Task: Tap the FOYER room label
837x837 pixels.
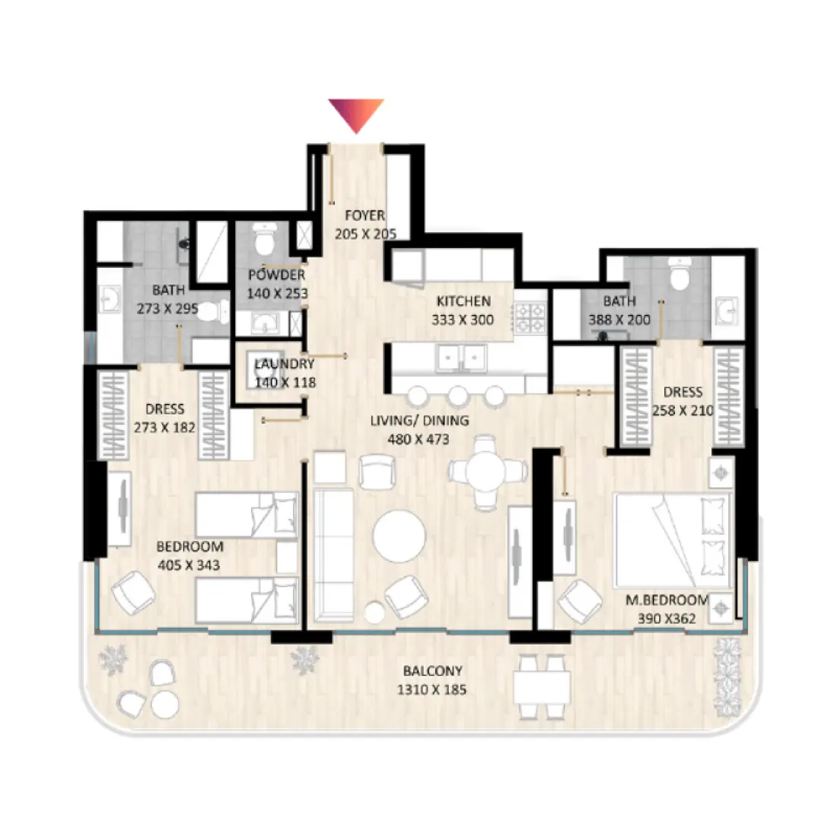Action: [x=365, y=216]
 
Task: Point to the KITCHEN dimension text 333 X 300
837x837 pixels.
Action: [x=463, y=320]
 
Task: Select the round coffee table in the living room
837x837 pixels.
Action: [x=399, y=535]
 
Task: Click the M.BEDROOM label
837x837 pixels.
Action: [x=667, y=600]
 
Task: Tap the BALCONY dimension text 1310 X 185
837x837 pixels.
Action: [x=432, y=690]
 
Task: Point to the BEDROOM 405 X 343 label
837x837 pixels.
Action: [x=189, y=556]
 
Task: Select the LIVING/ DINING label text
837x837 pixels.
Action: [x=419, y=421]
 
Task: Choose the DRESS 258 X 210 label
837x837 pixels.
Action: [x=683, y=402]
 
